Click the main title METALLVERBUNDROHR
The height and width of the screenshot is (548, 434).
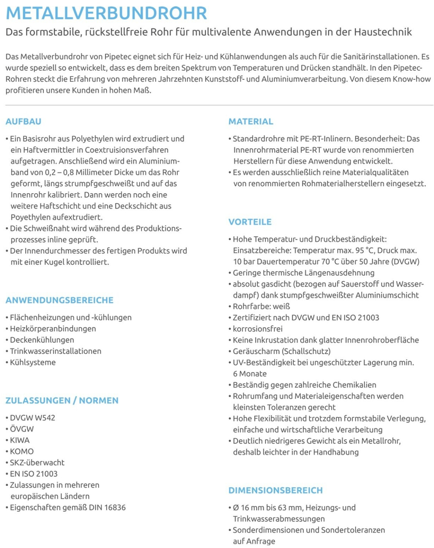coord(106,13)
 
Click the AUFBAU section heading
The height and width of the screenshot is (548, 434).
coord(23,122)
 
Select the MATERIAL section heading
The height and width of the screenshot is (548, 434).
coord(251,122)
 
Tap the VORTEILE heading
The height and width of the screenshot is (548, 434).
coord(250,222)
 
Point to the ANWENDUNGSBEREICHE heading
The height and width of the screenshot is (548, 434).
coord(59,300)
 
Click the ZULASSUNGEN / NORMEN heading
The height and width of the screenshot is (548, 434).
coord(62,401)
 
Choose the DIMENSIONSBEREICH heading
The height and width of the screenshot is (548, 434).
coord(276,491)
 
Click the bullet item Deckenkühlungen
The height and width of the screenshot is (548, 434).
coord(42,340)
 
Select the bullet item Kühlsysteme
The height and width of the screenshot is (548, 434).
coord(33,362)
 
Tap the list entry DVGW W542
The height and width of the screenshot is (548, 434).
coord(32,418)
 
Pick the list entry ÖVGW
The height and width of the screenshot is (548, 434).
coord(22,429)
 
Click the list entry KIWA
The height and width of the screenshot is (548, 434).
coord(20,440)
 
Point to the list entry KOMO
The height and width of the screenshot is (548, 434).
coord(22,452)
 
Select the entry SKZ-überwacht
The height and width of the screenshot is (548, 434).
coord(37,463)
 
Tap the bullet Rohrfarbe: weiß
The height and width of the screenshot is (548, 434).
coord(261,307)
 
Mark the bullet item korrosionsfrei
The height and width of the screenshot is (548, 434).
coord(258,329)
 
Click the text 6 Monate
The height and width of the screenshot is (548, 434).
coord(250,374)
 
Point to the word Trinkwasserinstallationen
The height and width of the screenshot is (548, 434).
coord(56,351)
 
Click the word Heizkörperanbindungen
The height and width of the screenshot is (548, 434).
coord(53,329)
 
